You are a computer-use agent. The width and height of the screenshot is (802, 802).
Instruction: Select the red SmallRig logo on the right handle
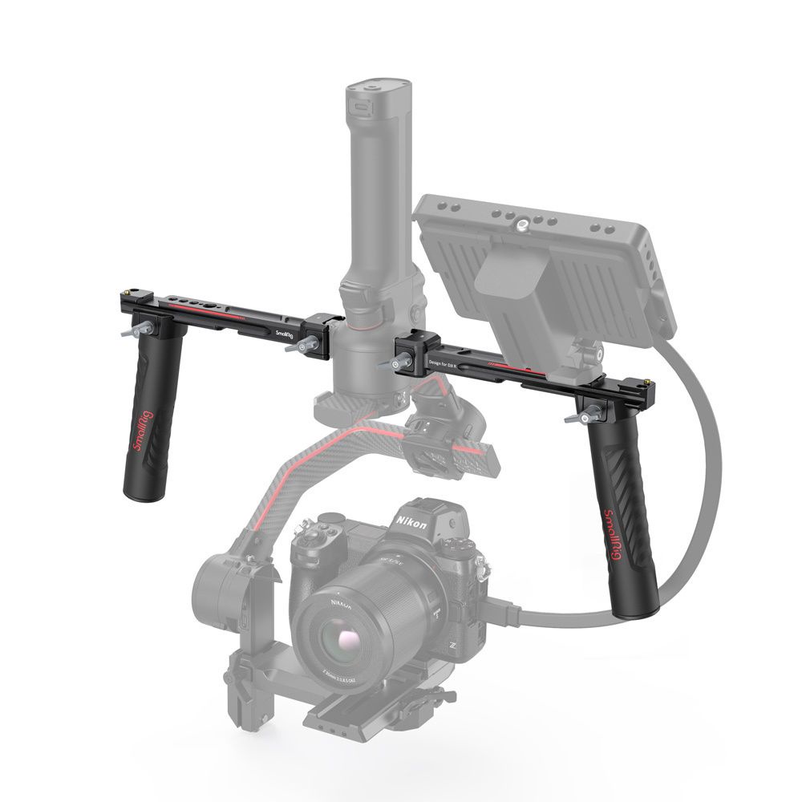pyautogui.click(x=614, y=533)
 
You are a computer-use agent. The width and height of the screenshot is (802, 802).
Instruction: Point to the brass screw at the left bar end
pyautogui.click(x=128, y=287)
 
